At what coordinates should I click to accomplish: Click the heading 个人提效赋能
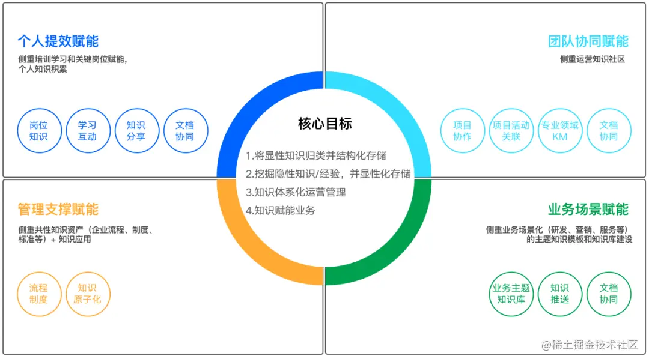pos(58,41)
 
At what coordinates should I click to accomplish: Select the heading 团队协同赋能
pos(588,41)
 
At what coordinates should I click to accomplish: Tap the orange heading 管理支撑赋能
pos(58,210)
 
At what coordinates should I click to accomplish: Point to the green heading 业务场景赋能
pos(588,210)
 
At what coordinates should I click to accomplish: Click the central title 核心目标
pos(324,124)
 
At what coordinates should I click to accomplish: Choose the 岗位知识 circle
pos(38,131)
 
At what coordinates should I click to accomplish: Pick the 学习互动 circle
pos(87,131)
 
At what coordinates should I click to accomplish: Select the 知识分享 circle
pos(136,131)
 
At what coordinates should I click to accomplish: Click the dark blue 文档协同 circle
pos(185,131)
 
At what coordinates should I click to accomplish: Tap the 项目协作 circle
pos(462,131)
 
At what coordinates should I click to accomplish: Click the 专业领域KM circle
pos(559,131)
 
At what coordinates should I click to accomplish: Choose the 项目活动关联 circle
pos(511,131)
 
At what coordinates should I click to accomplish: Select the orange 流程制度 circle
pos(38,294)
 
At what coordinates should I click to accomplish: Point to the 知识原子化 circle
pos(88,294)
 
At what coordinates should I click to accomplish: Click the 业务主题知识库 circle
pos(511,294)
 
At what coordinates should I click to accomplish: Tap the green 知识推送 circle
pos(559,294)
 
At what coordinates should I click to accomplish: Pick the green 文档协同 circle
pos(608,294)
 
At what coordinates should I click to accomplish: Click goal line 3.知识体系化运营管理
pos(296,193)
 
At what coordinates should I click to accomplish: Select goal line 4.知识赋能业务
pos(280,211)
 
